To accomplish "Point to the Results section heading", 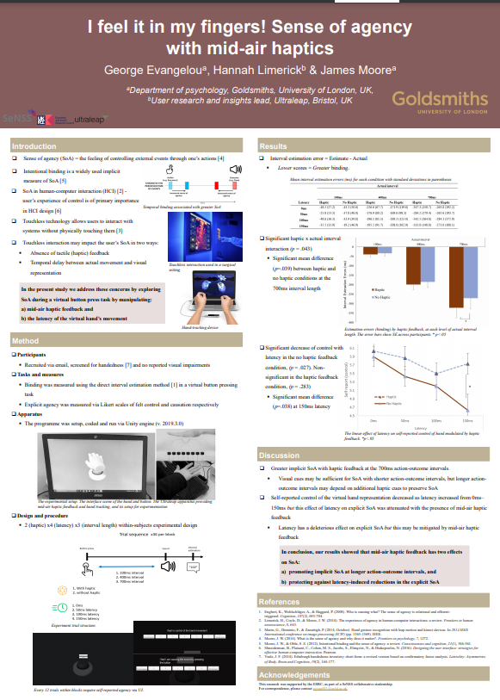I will click(x=274, y=147).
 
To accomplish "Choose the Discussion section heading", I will click(x=280, y=455).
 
